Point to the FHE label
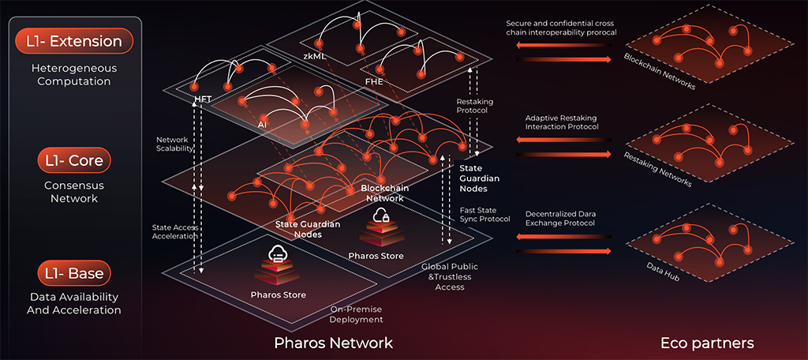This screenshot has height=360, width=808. coord(374,81)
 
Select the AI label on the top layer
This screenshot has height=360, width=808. coord(261,124)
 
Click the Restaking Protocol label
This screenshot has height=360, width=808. coord(473,106)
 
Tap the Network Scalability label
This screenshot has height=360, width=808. coord(173,143)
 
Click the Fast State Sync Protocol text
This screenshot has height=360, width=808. coord(484,214)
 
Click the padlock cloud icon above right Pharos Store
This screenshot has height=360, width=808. coord(381,216)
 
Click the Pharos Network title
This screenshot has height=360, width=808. coord(333,343)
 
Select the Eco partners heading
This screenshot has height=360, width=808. coord(707,343)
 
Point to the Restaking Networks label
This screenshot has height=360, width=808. coord(657,169)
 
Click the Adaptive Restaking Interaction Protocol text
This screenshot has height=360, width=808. coord(562,122)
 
